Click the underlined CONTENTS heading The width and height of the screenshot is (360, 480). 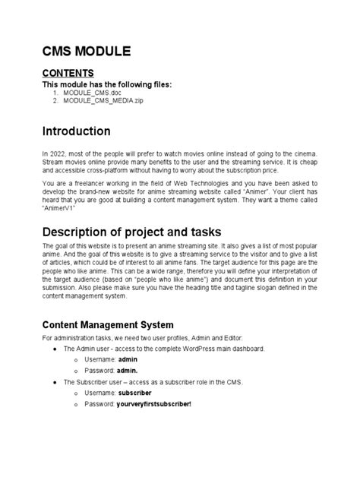pyautogui.click(x=72, y=73)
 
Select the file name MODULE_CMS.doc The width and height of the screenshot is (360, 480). pyautogui.click(x=92, y=92)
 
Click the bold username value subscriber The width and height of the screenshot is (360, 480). pyautogui.click(x=134, y=393)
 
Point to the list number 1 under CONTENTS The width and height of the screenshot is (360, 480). pyautogui.click(x=55, y=92)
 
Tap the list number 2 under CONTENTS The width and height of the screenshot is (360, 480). pyautogui.click(x=55, y=100)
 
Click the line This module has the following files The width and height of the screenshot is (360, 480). pyautogui.click(x=106, y=84)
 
